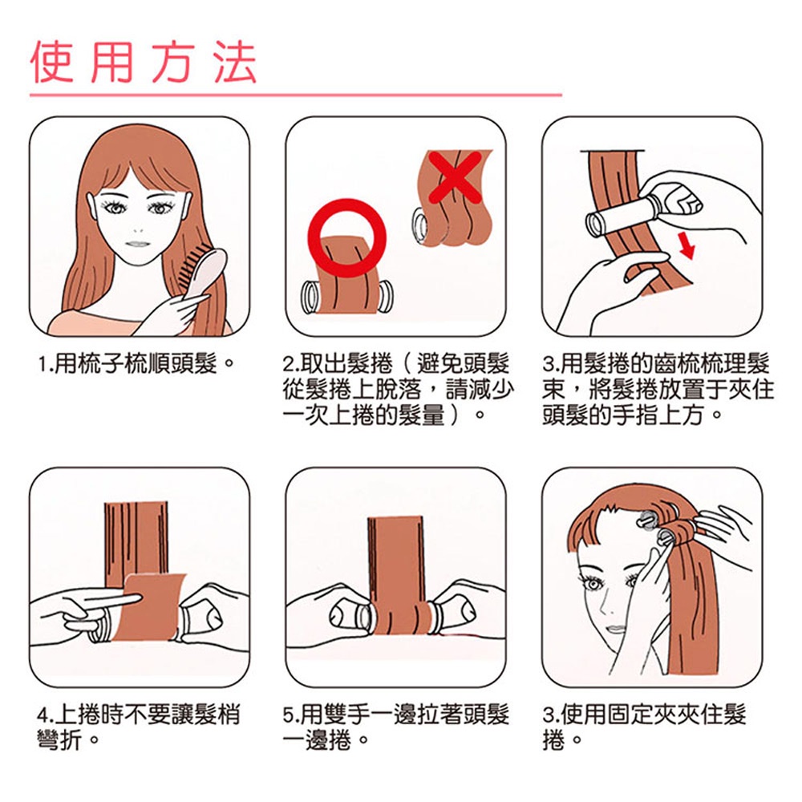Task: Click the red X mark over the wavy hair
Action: [455, 176]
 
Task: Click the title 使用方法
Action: [144, 63]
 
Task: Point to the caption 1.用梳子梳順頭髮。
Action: [136, 364]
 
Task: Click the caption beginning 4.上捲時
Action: [139, 727]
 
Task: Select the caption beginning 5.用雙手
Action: [396, 727]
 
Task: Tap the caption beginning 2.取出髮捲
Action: [398, 390]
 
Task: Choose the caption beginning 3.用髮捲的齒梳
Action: [658, 390]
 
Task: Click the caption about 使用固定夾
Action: [645, 727]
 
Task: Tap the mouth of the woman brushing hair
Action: [136, 244]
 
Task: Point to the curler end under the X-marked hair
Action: [420, 226]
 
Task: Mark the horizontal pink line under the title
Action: [296, 95]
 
